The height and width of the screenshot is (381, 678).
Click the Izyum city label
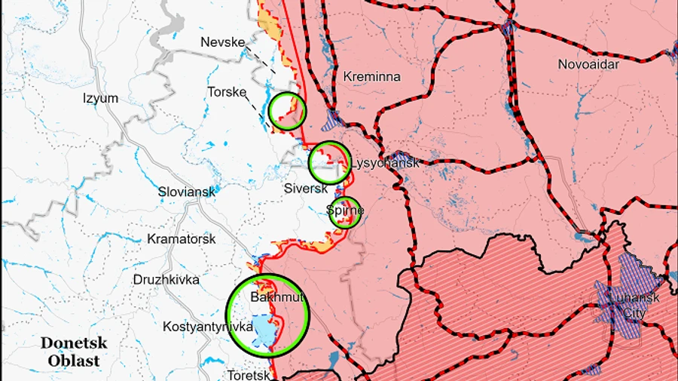click(100, 98)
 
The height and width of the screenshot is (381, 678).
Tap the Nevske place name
click(223, 42)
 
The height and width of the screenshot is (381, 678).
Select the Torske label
click(227, 92)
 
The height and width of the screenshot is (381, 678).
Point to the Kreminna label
click(371, 76)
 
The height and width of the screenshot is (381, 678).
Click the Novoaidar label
click(588, 64)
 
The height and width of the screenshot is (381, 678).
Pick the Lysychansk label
click(385, 162)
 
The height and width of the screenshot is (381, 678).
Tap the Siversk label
click(306, 188)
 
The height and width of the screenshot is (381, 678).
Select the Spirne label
click(345, 210)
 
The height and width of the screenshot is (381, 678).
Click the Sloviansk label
click(187, 192)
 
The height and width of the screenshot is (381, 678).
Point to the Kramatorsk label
click(182, 238)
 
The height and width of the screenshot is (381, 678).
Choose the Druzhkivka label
click(166, 279)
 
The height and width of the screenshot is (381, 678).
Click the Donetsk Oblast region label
click(74, 352)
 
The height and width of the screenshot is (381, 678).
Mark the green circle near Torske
click(288, 111)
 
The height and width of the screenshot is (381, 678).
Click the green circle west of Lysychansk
click(330, 162)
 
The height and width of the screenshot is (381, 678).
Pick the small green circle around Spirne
click(345, 212)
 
